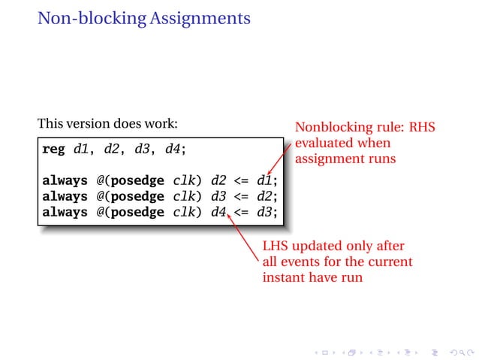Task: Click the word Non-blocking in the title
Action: pos(89,18)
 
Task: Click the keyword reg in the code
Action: pos(53,149)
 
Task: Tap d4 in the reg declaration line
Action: pos(172,149)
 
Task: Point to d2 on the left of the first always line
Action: pos(219,180)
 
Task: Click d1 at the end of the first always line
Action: pos(265,180)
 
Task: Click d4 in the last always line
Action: pos(219,212)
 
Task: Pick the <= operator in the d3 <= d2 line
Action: pos(242,196)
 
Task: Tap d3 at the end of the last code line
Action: pos(265,212)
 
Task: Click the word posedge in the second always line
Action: pos(137,196)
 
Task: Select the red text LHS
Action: pos(276,246)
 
